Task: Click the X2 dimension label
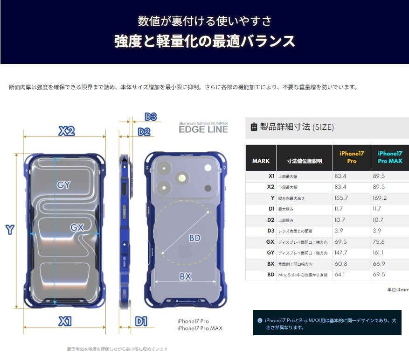(67, 131)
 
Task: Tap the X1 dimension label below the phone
(65, 321)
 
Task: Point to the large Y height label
(9, 229)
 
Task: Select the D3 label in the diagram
(150, 117)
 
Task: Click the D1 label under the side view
(141, 321)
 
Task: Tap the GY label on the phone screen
(63, 185)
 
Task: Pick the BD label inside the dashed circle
(194, 238)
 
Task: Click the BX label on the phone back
(186, 276)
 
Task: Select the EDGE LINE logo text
(203, 129)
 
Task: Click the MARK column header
(261, 161)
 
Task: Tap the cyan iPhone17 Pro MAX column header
(390, 157)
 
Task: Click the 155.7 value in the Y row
(341, 198)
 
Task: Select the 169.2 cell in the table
(380, 198)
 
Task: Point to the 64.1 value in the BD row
(340, 275)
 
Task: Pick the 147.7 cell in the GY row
(341, 253)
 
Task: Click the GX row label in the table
(270, 242)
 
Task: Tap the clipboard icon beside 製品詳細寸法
(254, 127)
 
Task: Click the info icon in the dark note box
(260, 321)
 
